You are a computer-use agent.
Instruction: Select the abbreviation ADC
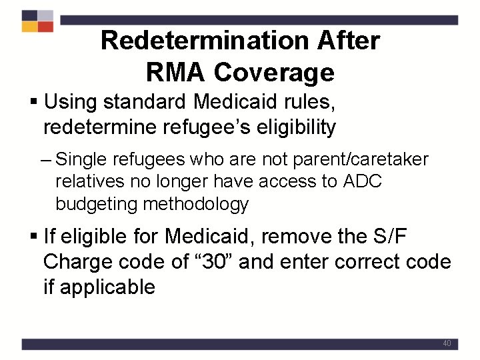[361, 182]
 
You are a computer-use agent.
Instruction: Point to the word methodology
[196, 204]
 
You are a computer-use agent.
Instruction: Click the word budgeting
[97, 204]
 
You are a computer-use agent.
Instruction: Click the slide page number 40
[447, 344]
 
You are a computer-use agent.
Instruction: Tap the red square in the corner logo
[45, 27]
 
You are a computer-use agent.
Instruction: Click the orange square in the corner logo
[29, 27]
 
